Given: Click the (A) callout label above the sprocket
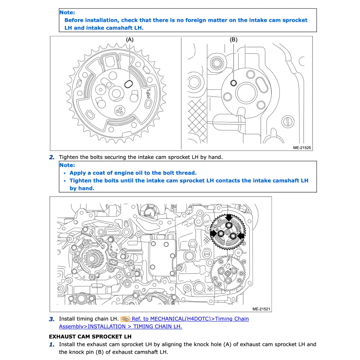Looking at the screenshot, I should tap(130, 40).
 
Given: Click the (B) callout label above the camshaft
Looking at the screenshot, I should tap(233, 40).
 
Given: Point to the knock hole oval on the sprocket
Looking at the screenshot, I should tap(129, 84).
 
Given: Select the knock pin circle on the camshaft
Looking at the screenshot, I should tap(233, 83).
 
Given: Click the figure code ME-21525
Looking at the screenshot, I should tap(302, 148).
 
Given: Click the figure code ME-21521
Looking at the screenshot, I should tap(261, 309).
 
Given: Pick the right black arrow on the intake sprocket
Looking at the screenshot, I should tap(241, 235).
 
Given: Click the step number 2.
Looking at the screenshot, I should tap(52, 157).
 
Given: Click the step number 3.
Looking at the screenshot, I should tap(52, 319).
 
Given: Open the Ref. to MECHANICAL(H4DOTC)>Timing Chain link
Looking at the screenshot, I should tap(190, 319).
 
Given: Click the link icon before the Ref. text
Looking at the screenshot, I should tap(125, 319).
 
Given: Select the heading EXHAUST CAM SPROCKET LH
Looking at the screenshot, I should tap(90, 336).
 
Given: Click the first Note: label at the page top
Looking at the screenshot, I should tap(67, 12).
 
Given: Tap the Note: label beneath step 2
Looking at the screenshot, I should tap(67, 165).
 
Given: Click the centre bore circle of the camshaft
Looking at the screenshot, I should tap(245, 93).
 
